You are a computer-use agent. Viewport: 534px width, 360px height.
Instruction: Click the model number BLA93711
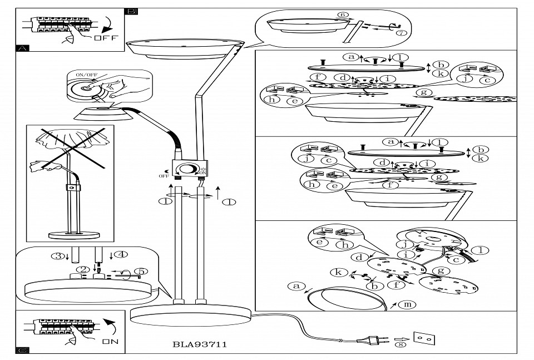[200, 345]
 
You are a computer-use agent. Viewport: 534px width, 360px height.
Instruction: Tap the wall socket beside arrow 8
[423, 338]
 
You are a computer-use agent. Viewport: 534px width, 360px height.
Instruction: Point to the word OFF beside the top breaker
[106, 38]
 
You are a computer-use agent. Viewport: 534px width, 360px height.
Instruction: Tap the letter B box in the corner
[132, 11]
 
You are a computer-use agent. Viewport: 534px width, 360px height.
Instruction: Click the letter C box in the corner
[22, 350]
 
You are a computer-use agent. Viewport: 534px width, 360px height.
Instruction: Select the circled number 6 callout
[343, 15]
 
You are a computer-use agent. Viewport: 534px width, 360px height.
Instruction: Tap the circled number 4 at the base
[122, 255]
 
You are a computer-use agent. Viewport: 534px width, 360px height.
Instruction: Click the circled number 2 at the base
[84, 270]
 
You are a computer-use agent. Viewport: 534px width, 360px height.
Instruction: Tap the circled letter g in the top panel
[426, 92]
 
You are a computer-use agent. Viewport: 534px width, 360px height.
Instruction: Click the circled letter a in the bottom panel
[296, 287]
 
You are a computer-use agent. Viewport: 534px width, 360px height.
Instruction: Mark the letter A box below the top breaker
[22, 48]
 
